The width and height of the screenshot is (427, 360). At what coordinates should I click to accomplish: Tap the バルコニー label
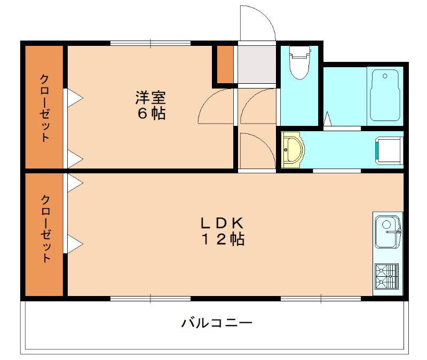(216, 323)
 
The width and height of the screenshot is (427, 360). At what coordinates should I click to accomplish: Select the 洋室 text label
(150, 98)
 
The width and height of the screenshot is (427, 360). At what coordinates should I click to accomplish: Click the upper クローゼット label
(45, 107)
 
